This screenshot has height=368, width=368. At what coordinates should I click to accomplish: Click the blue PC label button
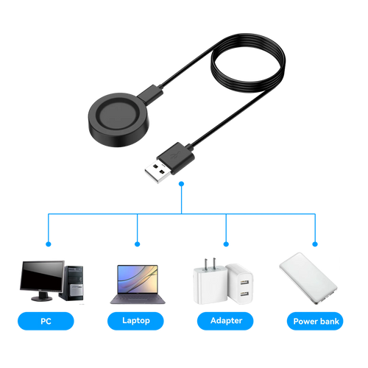click(46, 321)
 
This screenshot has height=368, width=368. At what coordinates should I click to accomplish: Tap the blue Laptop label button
click(135, 321)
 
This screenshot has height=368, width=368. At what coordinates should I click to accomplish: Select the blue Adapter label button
click(225, 321)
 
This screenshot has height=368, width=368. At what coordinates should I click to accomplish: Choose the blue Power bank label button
click(315, 321)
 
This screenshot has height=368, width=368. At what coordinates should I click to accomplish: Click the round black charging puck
click(118, 120)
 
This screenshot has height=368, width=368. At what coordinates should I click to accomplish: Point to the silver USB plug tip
click(157, 171)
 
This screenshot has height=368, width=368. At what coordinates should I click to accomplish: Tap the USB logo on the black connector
click(175, 155)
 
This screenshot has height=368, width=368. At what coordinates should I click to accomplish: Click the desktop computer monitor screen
click(42, 275)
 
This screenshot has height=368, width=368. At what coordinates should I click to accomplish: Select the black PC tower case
click(73, 283)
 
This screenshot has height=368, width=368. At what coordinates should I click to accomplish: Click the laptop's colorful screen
click(138, 279)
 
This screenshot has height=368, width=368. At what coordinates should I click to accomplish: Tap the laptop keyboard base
click(138, 299)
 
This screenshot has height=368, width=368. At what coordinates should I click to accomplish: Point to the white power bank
click(308, 278)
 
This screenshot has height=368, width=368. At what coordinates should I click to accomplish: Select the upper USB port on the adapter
click(244, 283)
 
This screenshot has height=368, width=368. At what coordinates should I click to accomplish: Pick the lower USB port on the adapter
click(244, 293)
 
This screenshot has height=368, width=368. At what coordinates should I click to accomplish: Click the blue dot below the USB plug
click(182, 184)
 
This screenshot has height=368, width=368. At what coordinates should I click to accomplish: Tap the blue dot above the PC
click(49, 244)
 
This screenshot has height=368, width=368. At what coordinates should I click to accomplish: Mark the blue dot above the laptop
click(138, 244)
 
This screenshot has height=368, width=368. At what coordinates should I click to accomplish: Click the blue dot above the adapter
click(226, 244)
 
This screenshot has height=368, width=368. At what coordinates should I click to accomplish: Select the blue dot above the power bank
click(315, 244)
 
